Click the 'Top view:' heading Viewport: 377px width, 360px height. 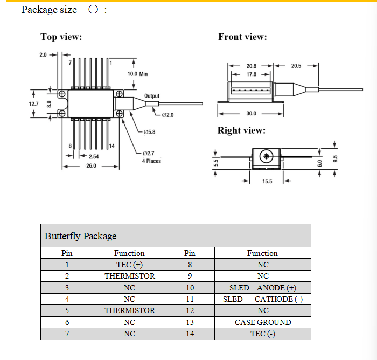(x=61, y=37)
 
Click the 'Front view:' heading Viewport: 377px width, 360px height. (x=242, y=37)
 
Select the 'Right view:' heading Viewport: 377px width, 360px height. (x=241, y=130)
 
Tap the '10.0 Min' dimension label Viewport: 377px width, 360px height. (x=137, y=74)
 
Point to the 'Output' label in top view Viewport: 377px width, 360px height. (x=152, y=96)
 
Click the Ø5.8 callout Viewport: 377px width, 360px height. (x=149, y=132)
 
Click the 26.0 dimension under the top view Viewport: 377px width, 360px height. (x=91, y=166)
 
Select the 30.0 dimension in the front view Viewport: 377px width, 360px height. (x=251, y=114)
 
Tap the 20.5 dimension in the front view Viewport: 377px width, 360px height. (x=296, y=66)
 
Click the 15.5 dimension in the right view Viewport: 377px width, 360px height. (x=267, y=181)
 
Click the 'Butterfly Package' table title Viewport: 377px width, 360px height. (x=80, y=236)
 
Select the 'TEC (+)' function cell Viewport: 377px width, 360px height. (x=129, y=265)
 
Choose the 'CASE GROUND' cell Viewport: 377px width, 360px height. (x=262, y=322)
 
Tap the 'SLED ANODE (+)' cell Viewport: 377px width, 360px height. (x=262, y=288)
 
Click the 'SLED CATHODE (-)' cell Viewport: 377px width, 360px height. (x=262, y=299)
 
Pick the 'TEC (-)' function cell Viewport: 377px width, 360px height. (x=262, y=334)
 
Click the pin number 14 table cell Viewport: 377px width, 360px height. (x=190, y=334)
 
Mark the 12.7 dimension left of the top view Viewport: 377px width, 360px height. (x=34, y=103)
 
